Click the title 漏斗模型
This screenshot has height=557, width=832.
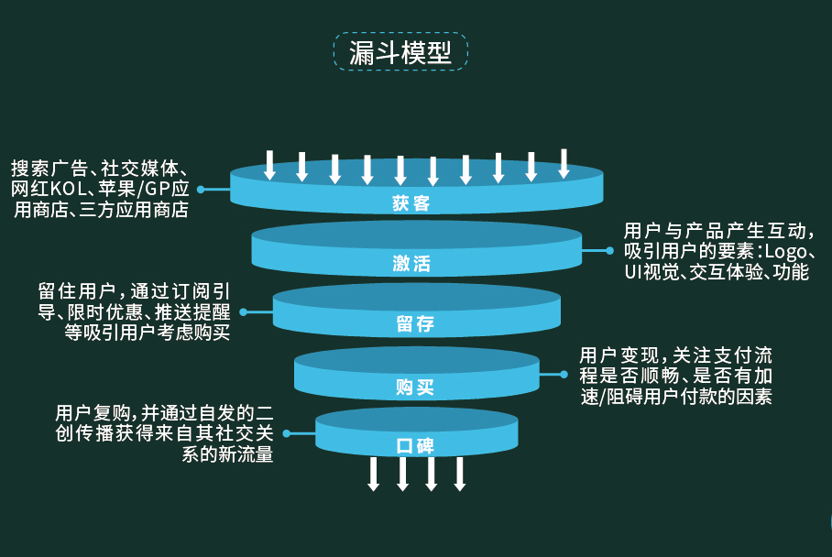(400, 52)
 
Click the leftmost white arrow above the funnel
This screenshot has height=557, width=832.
(269, 164)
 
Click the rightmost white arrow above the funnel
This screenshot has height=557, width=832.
(564, 163)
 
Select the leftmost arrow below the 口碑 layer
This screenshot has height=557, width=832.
(374, 473)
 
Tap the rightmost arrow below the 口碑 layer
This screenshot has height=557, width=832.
(460, 473)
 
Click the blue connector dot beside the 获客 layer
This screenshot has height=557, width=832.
(201, 190)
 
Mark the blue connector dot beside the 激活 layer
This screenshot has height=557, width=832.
(609, 249)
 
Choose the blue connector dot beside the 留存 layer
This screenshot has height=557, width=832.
(244, 311)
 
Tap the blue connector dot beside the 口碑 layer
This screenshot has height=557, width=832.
(287, 433)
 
